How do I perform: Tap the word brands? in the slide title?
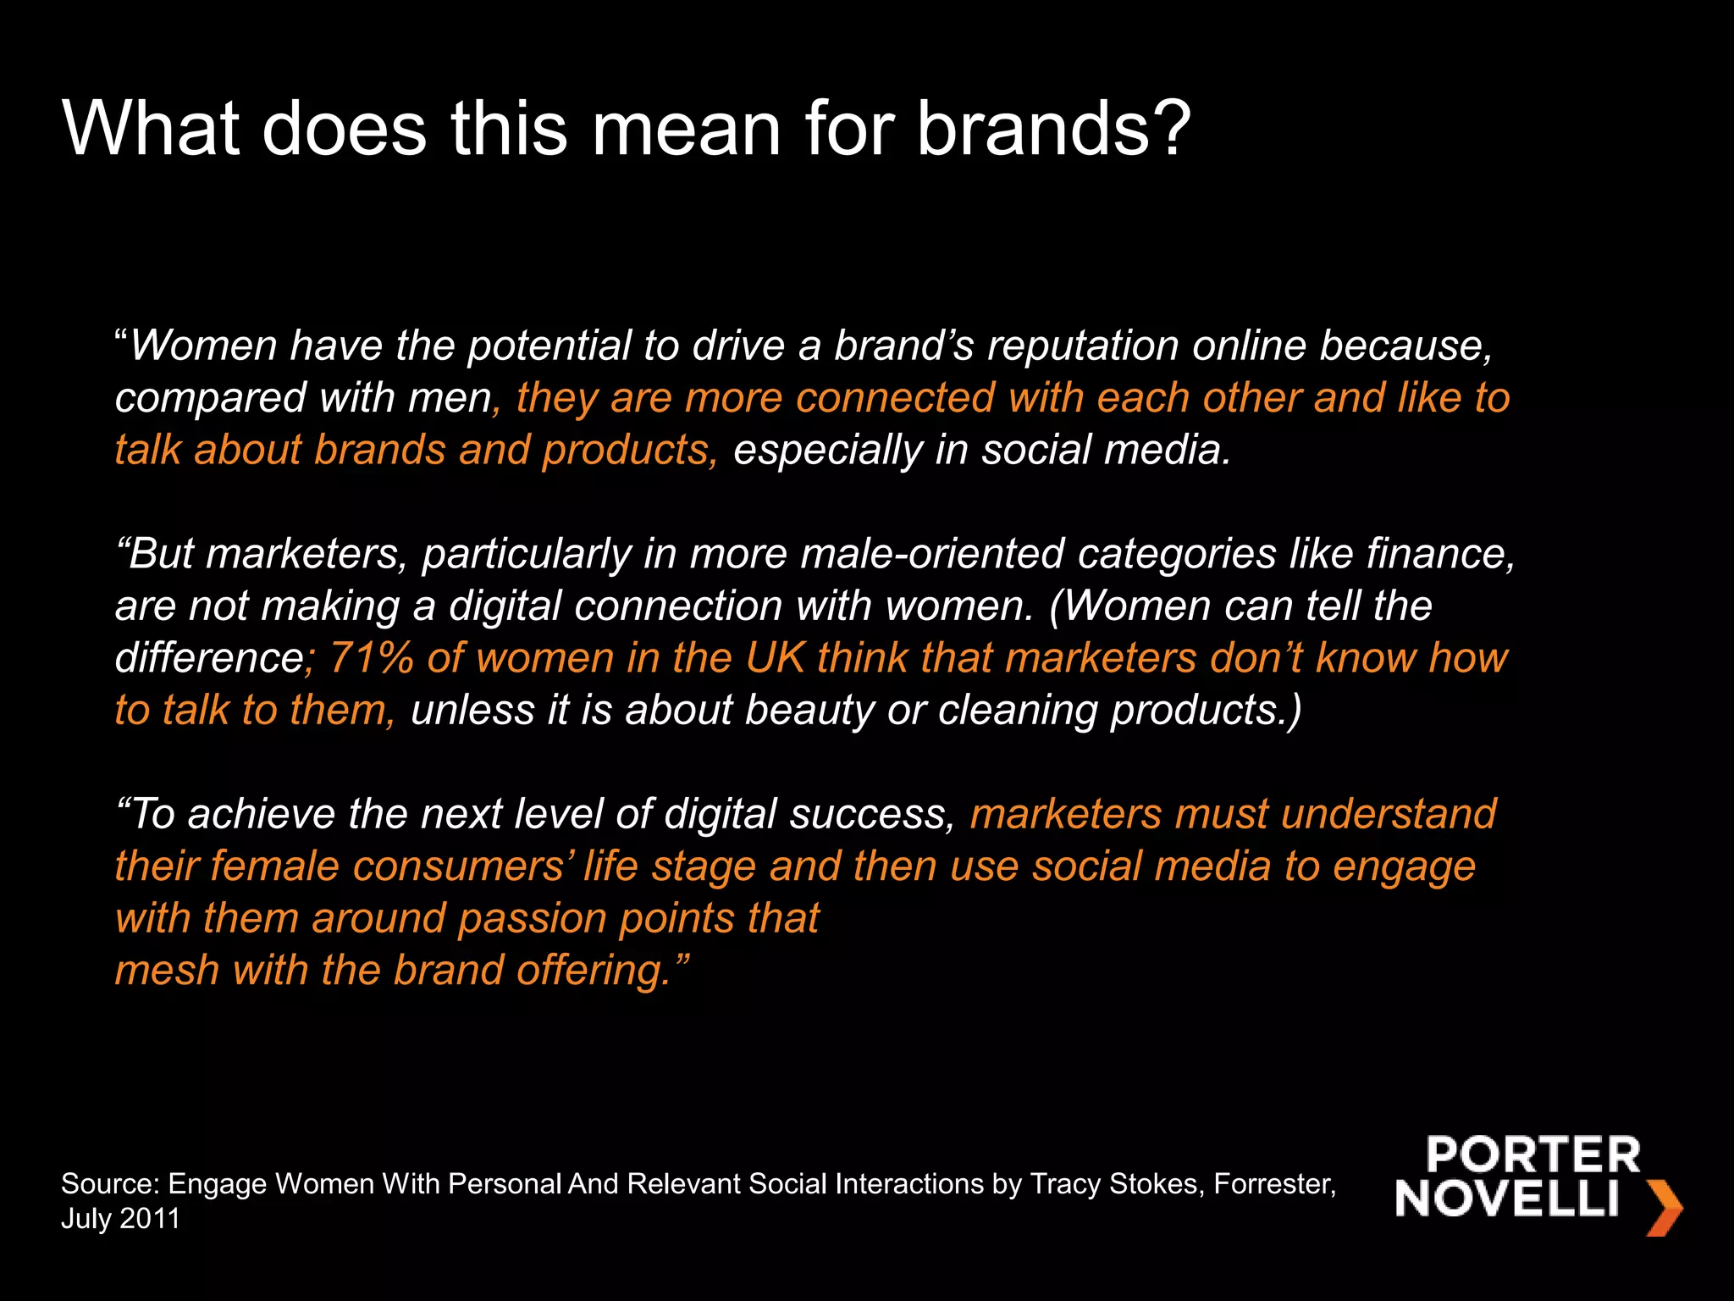[x=1053, y=129]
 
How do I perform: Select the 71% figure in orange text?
[x=371, y=658]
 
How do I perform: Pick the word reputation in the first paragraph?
[x=1083, y=346]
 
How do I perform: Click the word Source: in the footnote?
[x=110, y=1184]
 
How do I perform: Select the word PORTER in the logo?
[x=1532, y=1155]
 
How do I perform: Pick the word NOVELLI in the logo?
[x=1507, y=1199]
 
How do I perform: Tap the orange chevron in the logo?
[x=1663, y=1208]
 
